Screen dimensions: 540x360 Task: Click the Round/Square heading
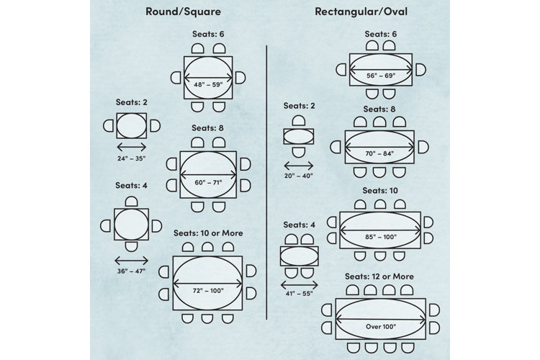(183, 12)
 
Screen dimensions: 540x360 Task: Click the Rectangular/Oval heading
(361, 12)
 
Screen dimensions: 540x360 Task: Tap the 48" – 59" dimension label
(208, 84)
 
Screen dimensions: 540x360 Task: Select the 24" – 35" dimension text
(132, 158)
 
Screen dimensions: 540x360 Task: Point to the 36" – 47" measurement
(131, 271)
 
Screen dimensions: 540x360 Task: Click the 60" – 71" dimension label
(208, 183)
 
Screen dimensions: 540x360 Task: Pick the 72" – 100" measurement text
(208, 291)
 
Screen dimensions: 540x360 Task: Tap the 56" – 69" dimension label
(381, 76)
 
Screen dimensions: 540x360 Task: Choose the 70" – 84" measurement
(379, 153)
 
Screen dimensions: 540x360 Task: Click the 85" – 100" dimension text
(381, 237)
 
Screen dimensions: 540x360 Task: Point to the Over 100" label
(381, 327)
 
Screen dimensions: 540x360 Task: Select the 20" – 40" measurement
(299, 176)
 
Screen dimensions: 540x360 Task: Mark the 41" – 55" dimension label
(299, 294)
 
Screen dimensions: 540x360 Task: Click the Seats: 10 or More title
(208, 233)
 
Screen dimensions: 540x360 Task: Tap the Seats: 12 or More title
(379, 276)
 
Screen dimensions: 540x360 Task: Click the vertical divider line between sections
(266, 182)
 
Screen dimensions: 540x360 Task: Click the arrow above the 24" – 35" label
(132, 148)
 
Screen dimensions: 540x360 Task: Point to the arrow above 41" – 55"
(300, 285)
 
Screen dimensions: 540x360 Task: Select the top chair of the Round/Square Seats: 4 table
(131, 202)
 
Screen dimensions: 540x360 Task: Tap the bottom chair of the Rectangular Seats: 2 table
(299, 152)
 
